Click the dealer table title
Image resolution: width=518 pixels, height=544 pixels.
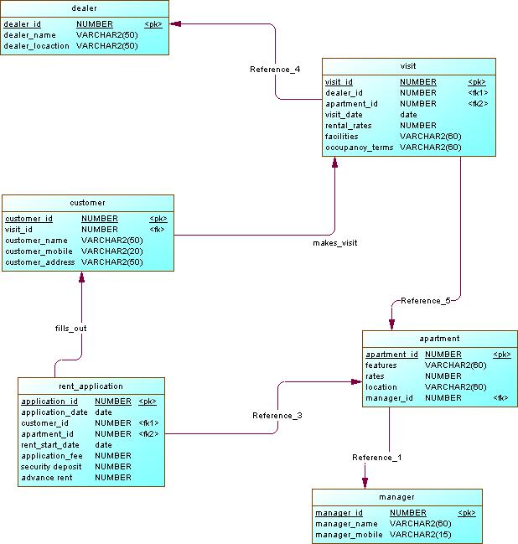(85, 8)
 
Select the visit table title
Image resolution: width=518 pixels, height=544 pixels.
(408, 65)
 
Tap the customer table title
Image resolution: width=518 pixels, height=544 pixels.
(87, 202)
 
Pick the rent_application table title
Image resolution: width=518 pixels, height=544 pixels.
(91, 386)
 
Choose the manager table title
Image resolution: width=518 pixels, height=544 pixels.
(396, 497)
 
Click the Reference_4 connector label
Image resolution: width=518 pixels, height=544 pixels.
(275, 69)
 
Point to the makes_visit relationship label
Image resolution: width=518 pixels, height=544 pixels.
(334, 243)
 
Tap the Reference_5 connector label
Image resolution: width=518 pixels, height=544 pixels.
(425, 300)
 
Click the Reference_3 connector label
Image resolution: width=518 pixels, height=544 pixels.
(277, 416)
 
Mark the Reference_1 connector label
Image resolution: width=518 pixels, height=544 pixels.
(377, 457)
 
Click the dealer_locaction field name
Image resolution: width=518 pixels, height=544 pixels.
(36, 46)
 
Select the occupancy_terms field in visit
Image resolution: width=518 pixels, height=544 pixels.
(359, 148)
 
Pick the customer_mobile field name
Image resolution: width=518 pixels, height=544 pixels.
(39, 251)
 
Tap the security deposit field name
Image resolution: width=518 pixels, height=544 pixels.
(53, 467)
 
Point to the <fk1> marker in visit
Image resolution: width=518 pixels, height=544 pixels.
(478, 93)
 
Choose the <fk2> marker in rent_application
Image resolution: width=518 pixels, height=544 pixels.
(148, 434)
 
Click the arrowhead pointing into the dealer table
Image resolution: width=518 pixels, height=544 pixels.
(176, 24)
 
